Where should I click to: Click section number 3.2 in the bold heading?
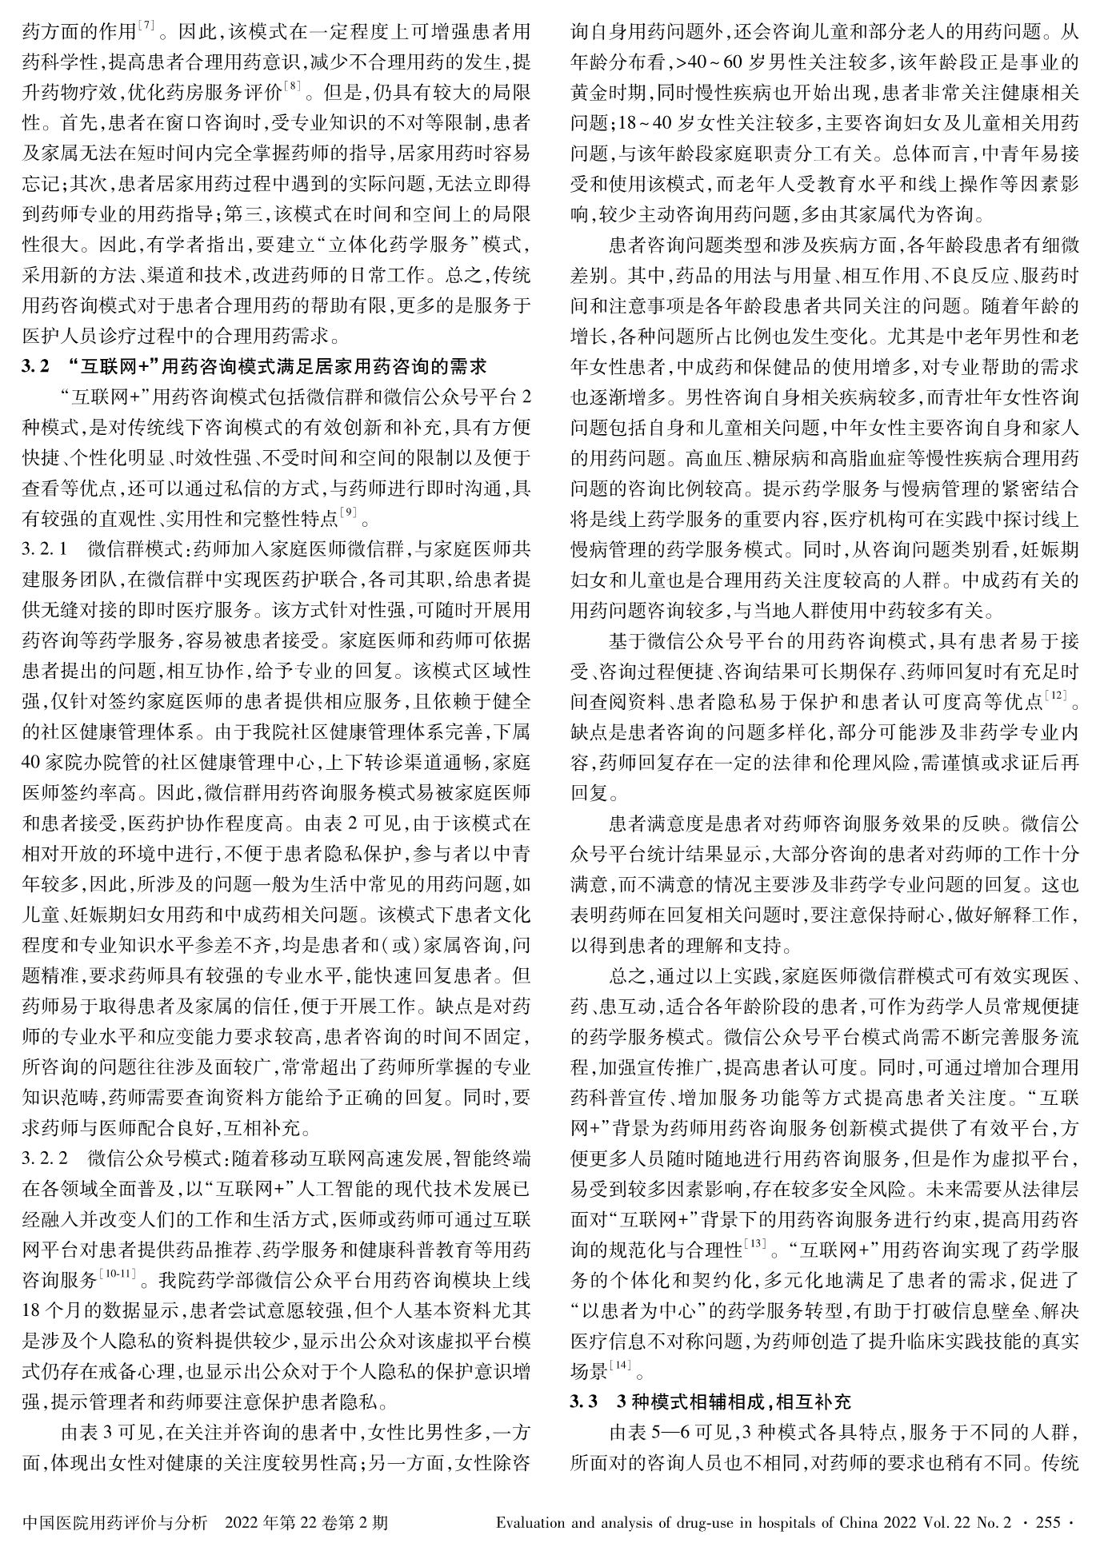(x=36, y=368)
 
